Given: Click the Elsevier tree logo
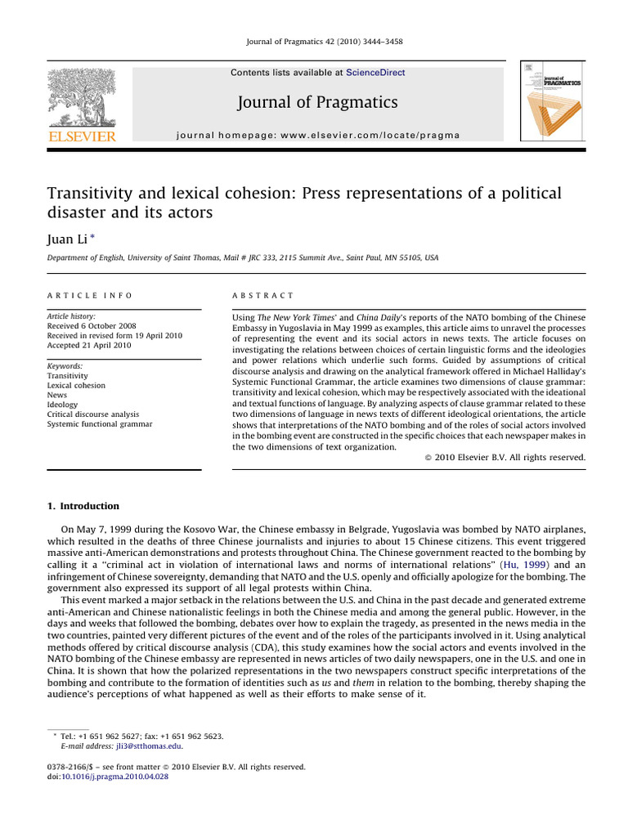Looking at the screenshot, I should coord(82,96).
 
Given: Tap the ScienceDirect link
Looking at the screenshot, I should coord(375,73).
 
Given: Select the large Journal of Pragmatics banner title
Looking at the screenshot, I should coord(317,102).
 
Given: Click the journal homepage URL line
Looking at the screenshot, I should coord(317,135).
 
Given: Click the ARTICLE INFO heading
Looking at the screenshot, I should coord(89,295).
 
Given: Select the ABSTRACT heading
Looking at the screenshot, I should coord(263,295).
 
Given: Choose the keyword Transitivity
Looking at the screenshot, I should coord(67,376).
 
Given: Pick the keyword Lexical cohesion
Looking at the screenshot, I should coord(76,385).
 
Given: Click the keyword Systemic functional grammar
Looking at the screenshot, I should coord(99,423).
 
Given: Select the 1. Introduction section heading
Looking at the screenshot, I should coord(83,506).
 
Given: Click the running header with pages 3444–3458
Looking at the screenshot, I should coord(314,42).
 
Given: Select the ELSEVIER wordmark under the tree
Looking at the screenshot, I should coord(82,136).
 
